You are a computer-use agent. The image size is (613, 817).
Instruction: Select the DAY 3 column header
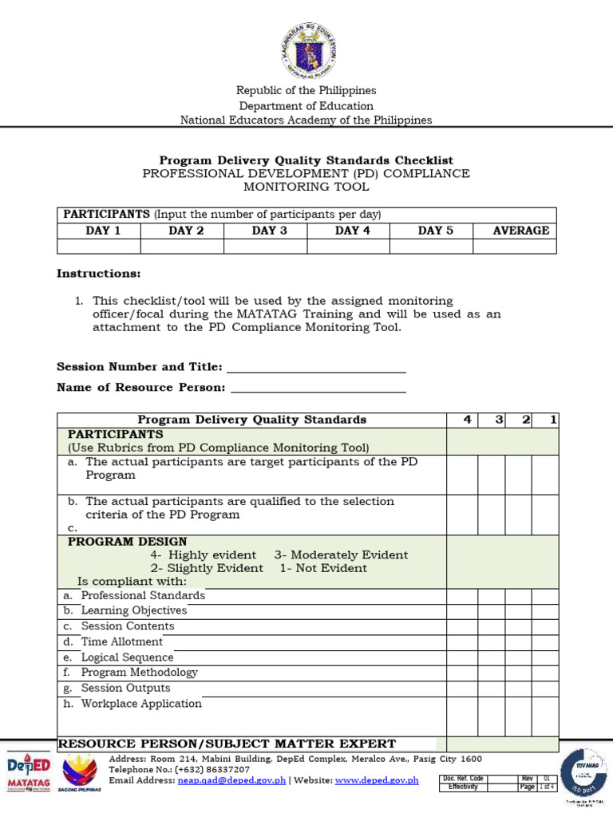pyautogui.click(x=269, y=231)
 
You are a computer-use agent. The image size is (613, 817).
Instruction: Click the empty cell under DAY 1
pyautogui.click(x=99, y=247)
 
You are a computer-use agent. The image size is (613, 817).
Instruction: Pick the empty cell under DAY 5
pyautogui.click(x=431, y=247)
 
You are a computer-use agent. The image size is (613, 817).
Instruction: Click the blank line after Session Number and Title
pyautogui.click(x=317, y=369)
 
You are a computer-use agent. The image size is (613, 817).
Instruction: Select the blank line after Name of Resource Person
pyautogui.click(x=318, y=389)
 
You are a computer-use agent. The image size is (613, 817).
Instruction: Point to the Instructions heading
pyautogui.click(x=98, y=274)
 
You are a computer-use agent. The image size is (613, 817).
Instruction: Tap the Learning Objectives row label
pyautogui.click(x=133, y=610)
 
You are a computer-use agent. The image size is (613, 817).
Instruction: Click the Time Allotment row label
pyautogui.click(x=121, y=641)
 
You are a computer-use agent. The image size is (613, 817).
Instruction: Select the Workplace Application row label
pyautogui.click(x=140, y=704)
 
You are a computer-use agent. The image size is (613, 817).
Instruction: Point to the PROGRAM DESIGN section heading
pyautogui.click(x=128, y=542)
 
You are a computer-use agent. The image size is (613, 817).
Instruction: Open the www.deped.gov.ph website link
pyautogui.click(x=377, y=780)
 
